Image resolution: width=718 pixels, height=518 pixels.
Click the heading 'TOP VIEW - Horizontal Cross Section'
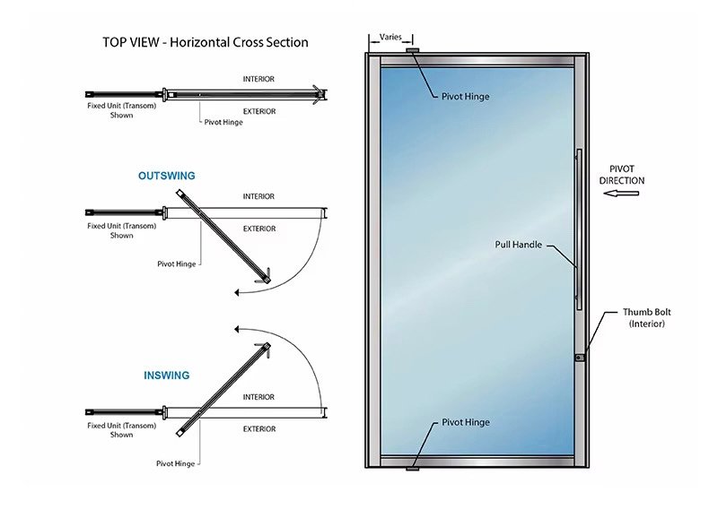(x=205, y=42)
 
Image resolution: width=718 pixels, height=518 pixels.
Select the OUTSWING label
(x=166, y=177)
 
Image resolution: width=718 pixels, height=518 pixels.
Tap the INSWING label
(x=166, y=376)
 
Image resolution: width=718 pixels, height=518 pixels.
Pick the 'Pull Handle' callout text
(x=518, y=244)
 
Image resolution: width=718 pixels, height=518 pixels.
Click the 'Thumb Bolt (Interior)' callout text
(x=646, y=317)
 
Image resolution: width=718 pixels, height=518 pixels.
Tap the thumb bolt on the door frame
(x=580, y=358)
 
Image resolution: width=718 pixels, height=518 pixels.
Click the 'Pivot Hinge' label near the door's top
(x=465, y=96)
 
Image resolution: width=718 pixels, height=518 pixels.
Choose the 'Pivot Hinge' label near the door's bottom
(x=465, y=421)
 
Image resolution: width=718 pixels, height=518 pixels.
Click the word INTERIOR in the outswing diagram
(x=258, y=196)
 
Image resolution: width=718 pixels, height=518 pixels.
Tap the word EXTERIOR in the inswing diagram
(x=258, y=429)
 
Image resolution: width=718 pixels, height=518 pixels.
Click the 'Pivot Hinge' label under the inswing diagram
(x=177, y=463)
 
